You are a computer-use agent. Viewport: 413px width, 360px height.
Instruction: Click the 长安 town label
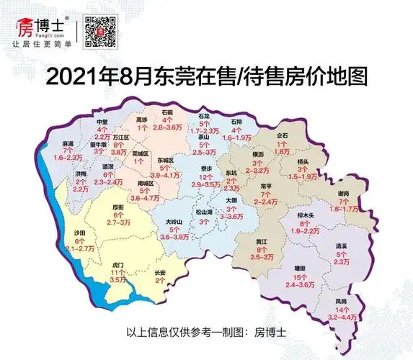click(x=161, y=272)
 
